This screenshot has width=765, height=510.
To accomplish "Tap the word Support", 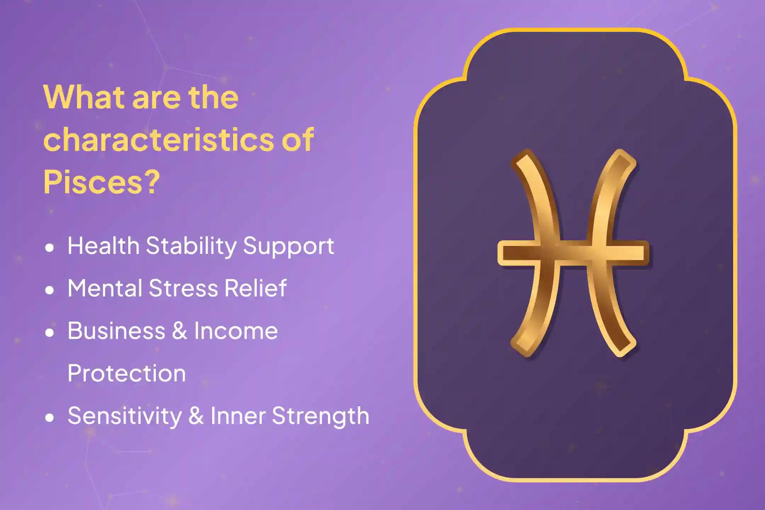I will [288, 246].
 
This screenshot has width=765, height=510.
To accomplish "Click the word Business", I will [116, 331].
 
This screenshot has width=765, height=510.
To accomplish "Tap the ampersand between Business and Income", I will [180, 331].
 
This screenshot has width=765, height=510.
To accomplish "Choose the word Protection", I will [126, 373].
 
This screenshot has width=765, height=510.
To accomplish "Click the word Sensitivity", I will [124, 416].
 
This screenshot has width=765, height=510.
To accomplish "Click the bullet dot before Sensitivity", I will [50, 418].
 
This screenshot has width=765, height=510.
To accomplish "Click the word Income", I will [236, 331].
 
